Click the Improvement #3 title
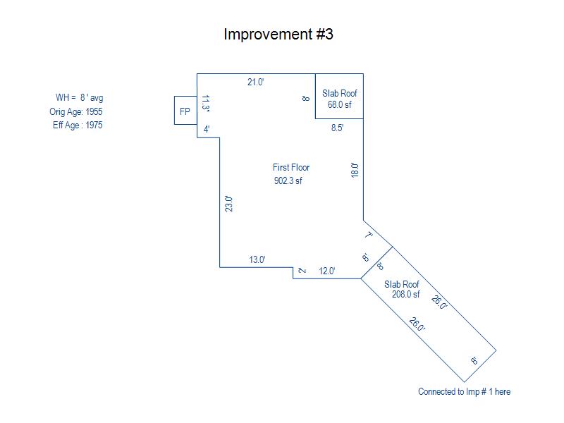(x=278, y=34)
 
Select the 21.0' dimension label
(x=256, y=82)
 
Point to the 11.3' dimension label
(x=205, y=104)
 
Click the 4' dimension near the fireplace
(x=207, y=129)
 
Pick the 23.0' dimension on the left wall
(x=228, y=204)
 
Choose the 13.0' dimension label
(x=257, y=259)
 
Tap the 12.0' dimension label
(x=327, y=271)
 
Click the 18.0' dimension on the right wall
(x=355, y=170)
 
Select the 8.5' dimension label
(x=338, y=128)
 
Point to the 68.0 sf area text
(x=340, y=104)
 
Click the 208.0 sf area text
(x=406, y=294)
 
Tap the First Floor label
(x=291, y=167)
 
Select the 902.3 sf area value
(x=288, y=180)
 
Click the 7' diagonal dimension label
(x=368, y=235)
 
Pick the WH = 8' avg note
(x=79, y=97)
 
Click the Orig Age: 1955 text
(x=76, y=111)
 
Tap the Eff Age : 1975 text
(x=78, y=125)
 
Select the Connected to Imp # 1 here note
(x=464, y=391)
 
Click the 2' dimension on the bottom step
(x=302, y=271)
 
